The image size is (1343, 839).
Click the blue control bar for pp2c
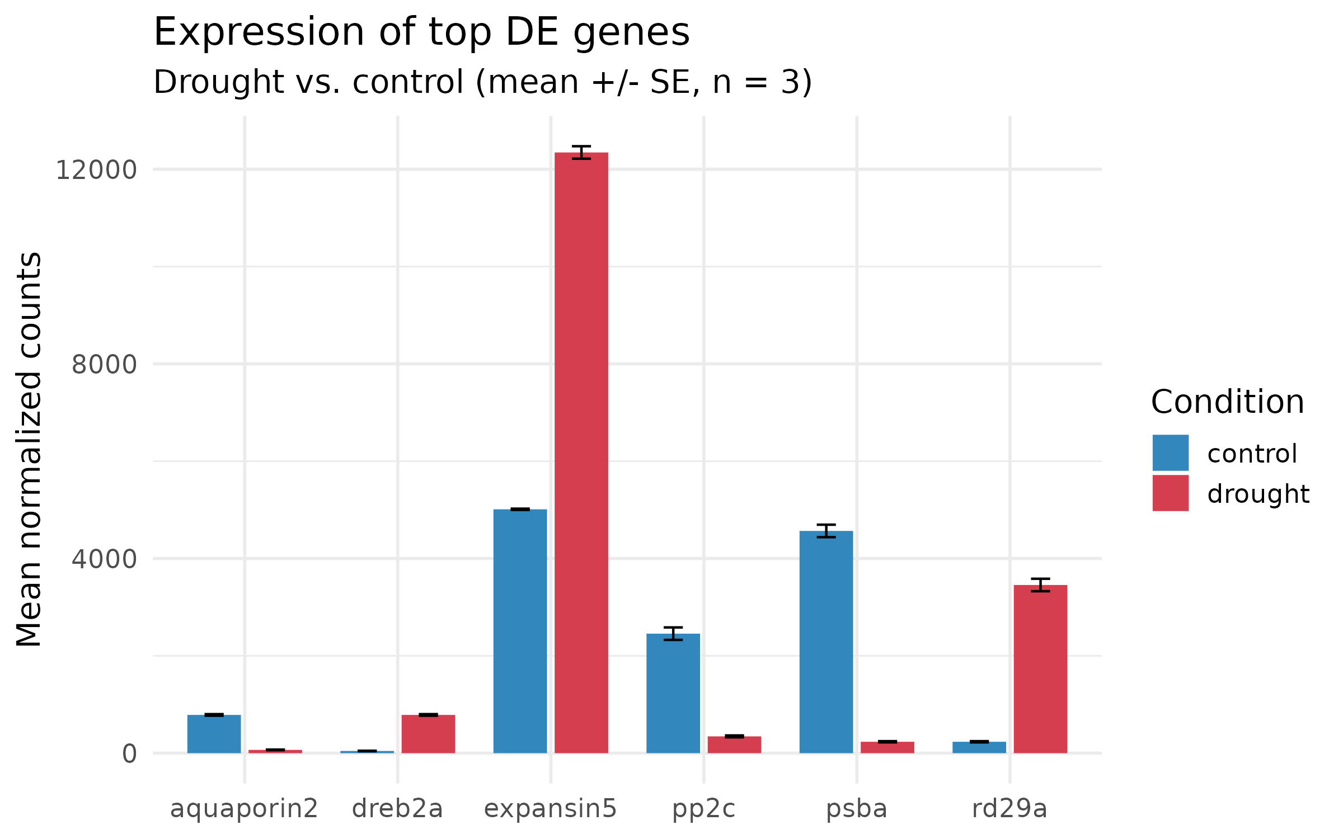point(673,693)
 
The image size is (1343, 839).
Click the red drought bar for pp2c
point(734,744)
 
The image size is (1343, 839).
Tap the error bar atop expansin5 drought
point(581,152)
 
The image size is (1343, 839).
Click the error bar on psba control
point(826,531)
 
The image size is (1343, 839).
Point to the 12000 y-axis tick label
point(96,170)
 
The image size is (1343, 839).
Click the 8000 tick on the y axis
point(104,365)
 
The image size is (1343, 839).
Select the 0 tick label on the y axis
point(129,754)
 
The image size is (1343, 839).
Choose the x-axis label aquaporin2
point(244,809)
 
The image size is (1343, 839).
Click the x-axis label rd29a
point(1009,809)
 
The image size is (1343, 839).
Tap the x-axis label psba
point(857,809)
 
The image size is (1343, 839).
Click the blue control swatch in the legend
point(1170,453)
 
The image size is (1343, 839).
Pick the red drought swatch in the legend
point(1170,493)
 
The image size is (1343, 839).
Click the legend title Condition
point(1227,402)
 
